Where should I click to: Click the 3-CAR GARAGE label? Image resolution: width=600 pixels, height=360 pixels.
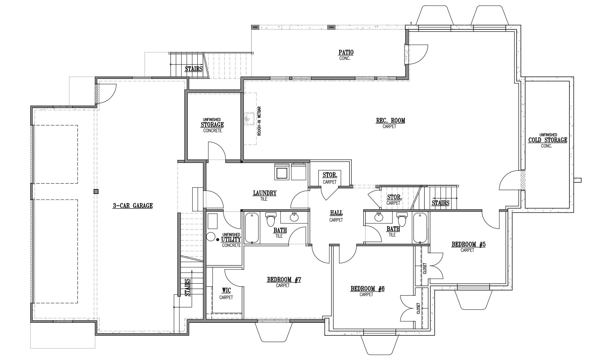pos(133,206)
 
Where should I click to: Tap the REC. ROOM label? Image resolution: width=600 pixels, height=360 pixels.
pos(391,121)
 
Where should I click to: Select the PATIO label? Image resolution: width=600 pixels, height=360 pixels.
pos(346,52)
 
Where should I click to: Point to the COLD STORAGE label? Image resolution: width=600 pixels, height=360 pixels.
pos(548,140)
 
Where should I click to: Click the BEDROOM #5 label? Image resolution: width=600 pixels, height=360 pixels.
pos(468,244)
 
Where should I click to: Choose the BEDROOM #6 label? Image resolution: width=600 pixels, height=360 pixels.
pos(367,289)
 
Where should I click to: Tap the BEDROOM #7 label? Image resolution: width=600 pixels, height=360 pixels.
pos(284,280)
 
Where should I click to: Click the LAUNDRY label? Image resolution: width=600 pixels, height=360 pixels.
pos(264,193)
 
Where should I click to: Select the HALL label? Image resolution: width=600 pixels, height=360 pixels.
pos(336,213)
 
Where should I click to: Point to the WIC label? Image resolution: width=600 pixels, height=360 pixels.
pos(226,290)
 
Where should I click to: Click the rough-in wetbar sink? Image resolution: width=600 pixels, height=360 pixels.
pos(249,119)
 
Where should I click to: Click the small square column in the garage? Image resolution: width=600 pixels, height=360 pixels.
pos(96,191)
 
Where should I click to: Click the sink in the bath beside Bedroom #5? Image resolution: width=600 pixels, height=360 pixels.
pos(379,217)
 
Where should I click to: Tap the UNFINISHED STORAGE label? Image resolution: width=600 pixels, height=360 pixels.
pos(212,124)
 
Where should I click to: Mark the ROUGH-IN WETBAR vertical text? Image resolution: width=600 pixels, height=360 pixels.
pos(259,121)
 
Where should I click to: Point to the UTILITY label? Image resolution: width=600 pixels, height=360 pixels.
pos(231,239)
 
